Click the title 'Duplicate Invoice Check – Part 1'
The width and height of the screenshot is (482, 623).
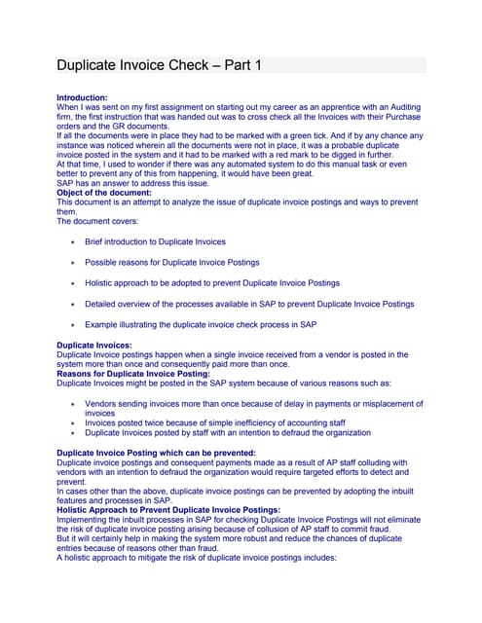[158, 66]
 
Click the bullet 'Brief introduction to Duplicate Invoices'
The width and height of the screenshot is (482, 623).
[155, 241]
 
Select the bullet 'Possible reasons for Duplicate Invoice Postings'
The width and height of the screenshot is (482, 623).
[171, 262]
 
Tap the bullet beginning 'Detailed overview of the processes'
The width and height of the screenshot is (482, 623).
[249, 303]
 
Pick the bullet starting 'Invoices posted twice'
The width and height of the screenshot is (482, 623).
[216, 422]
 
